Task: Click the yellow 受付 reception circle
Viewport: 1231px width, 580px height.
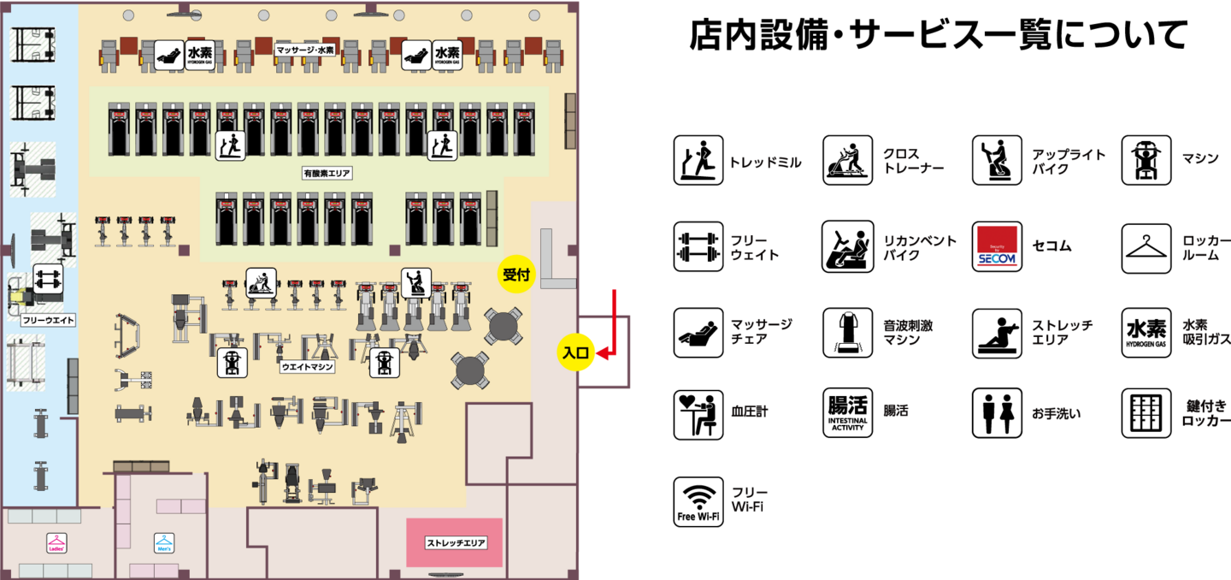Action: [516, 275]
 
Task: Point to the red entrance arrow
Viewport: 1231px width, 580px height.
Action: [613, 325]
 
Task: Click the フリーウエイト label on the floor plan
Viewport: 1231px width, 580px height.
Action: [48, 321]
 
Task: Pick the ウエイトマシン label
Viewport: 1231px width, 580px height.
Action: [307, 366]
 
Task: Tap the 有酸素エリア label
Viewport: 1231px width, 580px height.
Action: [327, 173]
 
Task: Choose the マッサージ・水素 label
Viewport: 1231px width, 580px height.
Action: [305, 50]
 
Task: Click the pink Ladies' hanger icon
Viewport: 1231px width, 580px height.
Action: [56, 542]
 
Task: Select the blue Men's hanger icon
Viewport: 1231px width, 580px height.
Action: [163, 542]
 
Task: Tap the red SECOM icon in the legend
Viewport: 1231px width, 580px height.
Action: [997, 247]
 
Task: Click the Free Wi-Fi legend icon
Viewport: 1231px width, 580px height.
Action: [698, 501]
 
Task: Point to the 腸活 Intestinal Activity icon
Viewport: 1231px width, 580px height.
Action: [847, 414]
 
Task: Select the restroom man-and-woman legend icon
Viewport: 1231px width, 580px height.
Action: [997, 414]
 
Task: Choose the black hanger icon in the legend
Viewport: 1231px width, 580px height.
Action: [1146, 248]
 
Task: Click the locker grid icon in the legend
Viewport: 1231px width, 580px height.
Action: [1146, 414]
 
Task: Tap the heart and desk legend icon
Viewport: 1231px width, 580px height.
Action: [698, 414]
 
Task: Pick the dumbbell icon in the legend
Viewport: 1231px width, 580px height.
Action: [698, 247]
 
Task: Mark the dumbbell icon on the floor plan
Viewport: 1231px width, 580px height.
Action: [48, 278]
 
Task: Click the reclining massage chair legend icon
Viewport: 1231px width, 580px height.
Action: [698, 333]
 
